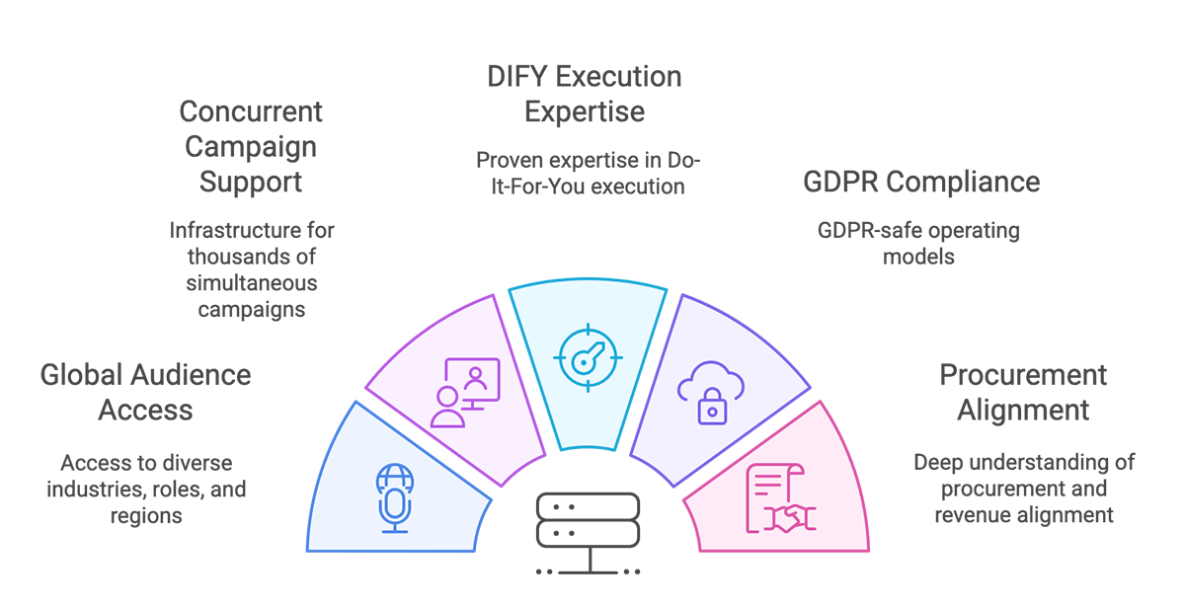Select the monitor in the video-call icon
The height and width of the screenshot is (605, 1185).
pyautogui.click(x=473, y=379)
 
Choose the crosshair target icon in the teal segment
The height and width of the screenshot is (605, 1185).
pyautogui.click(x=590, y=354)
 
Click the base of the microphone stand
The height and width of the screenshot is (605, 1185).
pyautogui.click(x=395, y=531)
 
